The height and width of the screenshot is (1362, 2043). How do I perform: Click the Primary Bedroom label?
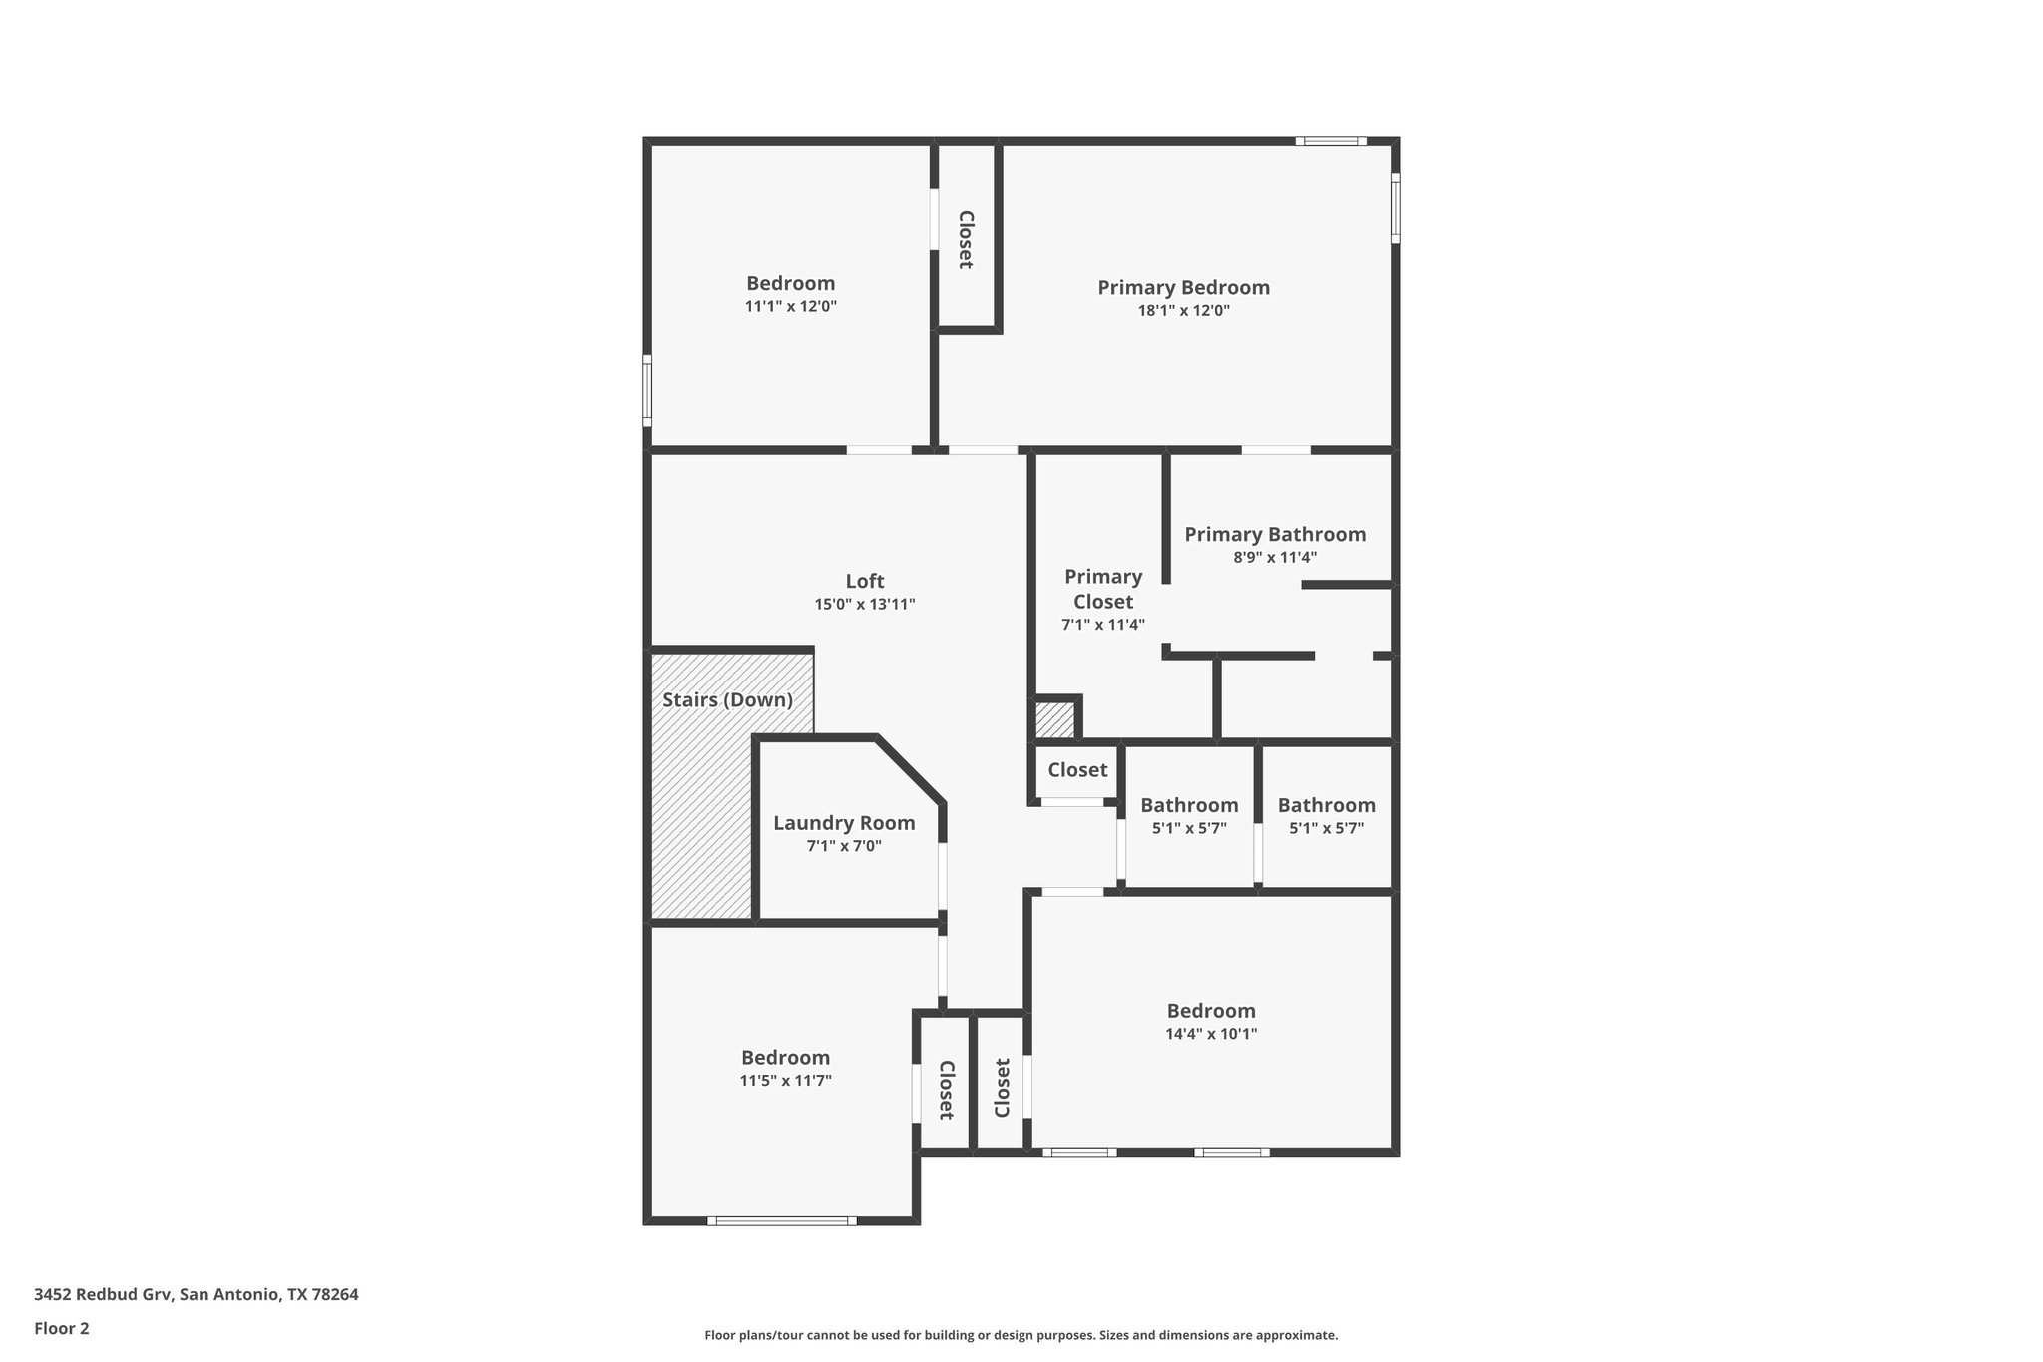click(1183, 288)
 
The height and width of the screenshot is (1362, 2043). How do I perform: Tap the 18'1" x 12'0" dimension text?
click(1183, 311)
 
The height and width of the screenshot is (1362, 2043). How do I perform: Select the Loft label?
click(864, 581)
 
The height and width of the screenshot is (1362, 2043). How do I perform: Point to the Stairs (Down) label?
click(727, 700)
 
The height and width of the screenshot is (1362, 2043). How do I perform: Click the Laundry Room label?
click(844, 823)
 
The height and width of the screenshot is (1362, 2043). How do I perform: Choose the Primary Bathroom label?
click(1275, 534)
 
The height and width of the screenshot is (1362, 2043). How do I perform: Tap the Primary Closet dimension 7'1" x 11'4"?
click(1102, 625)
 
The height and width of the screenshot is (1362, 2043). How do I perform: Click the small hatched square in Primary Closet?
click(1053, 720)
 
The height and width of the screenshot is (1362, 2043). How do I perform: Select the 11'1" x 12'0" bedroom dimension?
click(790, 307)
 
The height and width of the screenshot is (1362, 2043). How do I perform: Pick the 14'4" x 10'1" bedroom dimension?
click(1211, 1034)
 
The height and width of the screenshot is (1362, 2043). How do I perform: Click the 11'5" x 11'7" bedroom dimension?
click(785, 1080)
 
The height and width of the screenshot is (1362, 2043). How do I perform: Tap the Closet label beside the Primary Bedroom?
click(966, 239)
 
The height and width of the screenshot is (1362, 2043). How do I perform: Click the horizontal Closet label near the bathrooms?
click(1077, 770)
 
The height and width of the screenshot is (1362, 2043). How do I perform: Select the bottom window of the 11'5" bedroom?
click(782, 1220)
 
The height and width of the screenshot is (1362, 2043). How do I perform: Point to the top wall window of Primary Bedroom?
click(1331, 141)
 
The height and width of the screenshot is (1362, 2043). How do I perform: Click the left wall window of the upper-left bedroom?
click(647, 390)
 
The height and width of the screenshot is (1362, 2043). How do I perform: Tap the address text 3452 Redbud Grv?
click(197, 1294)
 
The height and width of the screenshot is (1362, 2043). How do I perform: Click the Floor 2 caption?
click(62, 1328)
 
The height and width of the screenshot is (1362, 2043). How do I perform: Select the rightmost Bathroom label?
click(1326, 805)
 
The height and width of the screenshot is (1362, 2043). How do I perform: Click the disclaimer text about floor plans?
click(1021, 1335)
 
